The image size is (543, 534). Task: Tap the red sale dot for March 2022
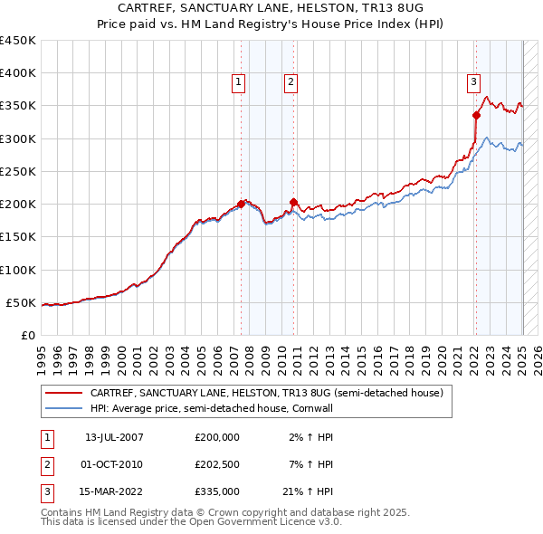[x=476, y=115]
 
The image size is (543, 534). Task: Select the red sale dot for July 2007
[x=242, y=204]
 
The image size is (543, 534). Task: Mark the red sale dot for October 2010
[x=294, y=202]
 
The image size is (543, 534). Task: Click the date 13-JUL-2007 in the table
[x=114, y=437]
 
